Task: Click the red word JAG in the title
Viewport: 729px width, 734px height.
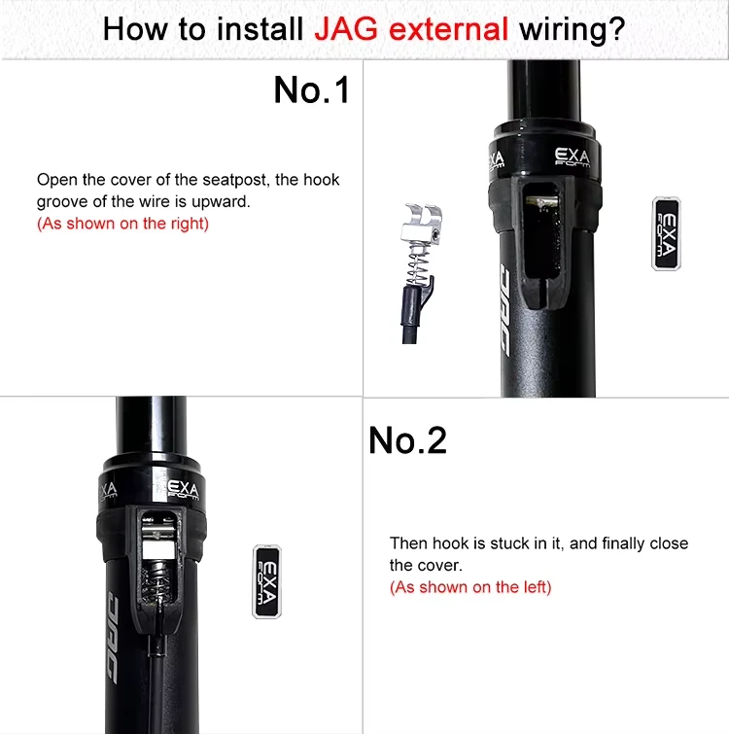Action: point(346,29)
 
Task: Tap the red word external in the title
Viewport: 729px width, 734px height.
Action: point(448,29)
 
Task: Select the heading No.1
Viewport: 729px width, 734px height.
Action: point(312,89)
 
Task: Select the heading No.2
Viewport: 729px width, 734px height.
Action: point(407,440)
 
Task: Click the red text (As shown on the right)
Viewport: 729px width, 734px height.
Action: point(122,224)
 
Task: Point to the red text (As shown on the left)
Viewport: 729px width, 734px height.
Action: point(470,587)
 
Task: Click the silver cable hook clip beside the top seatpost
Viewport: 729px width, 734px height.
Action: point(421,224)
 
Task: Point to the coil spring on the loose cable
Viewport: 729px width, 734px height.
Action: point(418,263)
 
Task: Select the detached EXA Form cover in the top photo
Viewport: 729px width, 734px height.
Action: point(666,233)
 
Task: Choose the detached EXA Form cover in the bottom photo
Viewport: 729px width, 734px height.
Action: point(266,582)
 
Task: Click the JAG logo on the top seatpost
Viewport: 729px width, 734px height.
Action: point(505,308)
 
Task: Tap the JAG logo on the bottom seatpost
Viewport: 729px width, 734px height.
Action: point(112,635)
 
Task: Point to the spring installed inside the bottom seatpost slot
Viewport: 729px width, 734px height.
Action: point(158,580)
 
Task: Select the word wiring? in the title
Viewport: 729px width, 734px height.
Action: point(573,29)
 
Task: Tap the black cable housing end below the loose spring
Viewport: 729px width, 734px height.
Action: point(410,315)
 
